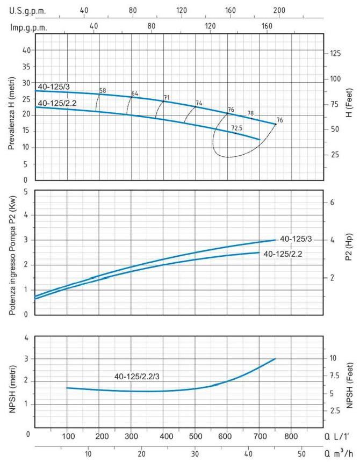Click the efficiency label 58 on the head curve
coord(103,90)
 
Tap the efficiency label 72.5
coord(236,128)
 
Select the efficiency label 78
coord(250,113)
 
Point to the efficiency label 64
coord(135,93)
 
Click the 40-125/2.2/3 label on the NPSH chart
coord(137,376)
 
